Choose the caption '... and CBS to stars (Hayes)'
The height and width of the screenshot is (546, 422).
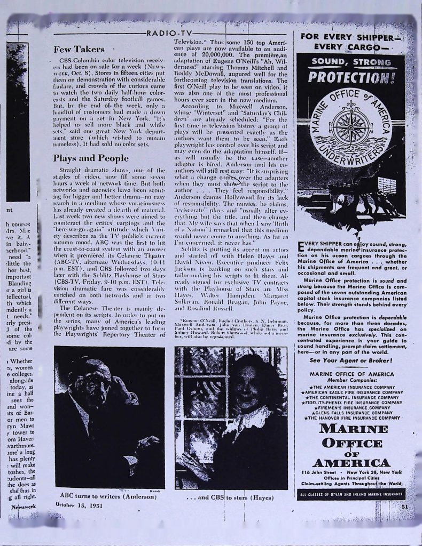[x=231, y=499]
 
